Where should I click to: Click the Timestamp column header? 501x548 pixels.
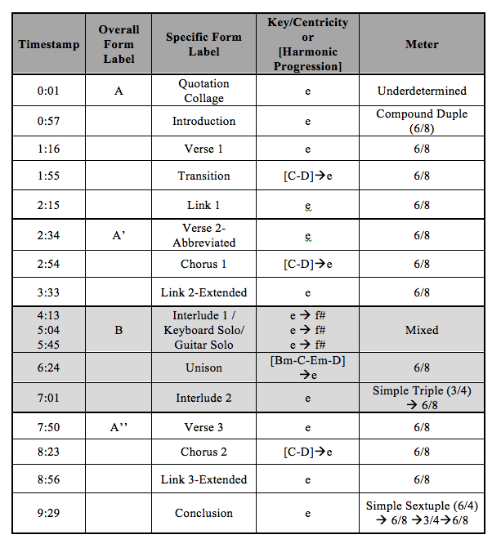point(48,44)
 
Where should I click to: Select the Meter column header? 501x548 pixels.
point(422,44)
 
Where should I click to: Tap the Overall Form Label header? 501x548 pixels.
point(119,44)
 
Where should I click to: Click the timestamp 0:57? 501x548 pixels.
point(48,121)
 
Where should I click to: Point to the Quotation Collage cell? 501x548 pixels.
point(204,91)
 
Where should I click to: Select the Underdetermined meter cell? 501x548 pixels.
point(422,91)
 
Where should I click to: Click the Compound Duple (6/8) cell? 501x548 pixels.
point(422,121)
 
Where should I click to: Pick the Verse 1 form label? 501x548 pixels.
point(204,149)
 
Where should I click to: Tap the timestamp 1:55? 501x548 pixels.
point(48,176)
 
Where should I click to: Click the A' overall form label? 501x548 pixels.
point(119,235)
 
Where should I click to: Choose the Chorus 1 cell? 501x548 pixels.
point(204,264)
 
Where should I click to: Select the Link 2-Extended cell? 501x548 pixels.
point(204,292)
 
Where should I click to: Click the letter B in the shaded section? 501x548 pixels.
point(119,331)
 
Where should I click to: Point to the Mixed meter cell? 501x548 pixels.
point(422,331)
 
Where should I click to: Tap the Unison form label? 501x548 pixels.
point(204,368)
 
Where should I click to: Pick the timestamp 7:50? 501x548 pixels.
point(48,427)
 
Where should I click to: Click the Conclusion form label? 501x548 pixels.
point(204,513)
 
